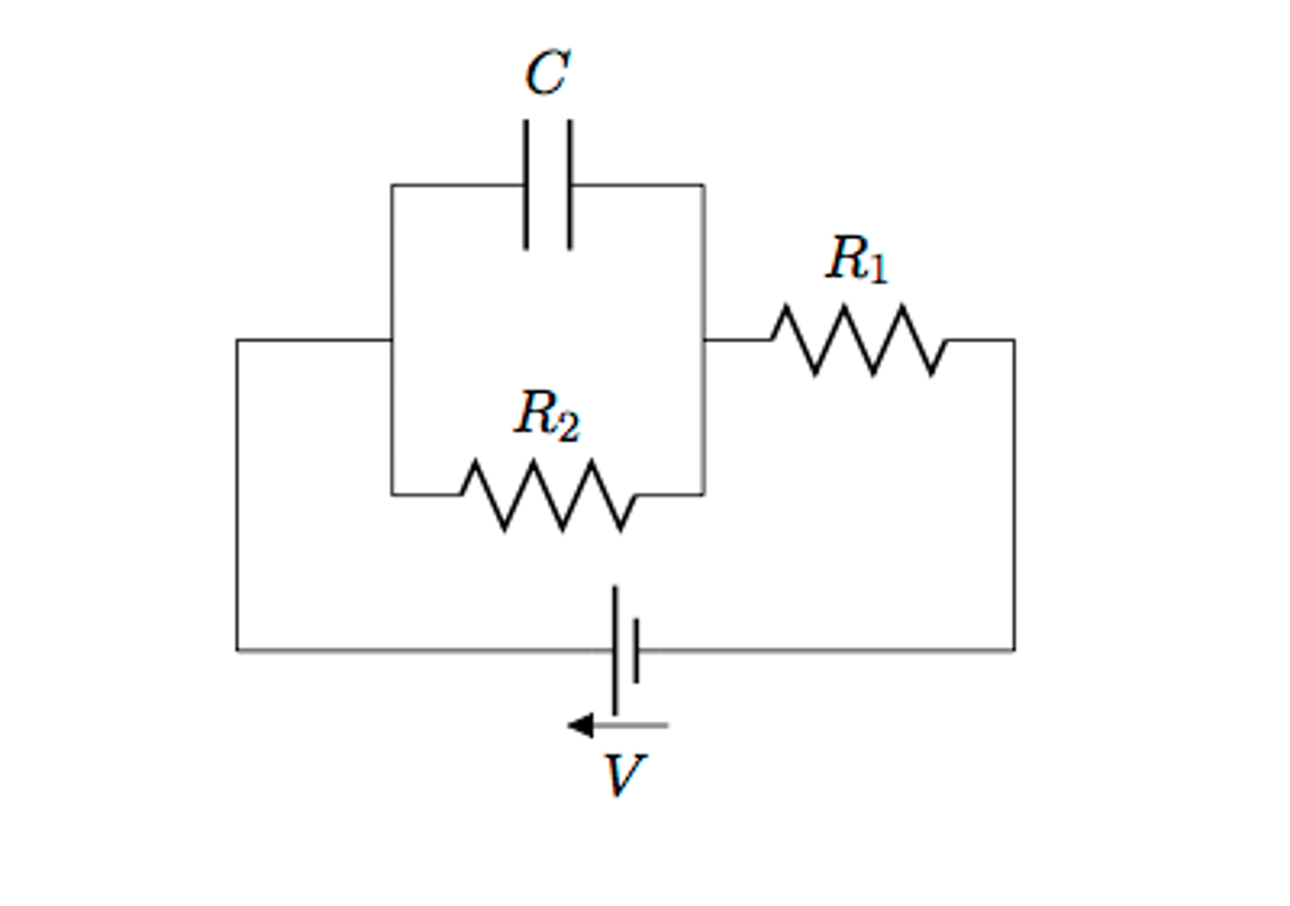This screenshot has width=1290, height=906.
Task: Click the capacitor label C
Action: [x=547, y=73]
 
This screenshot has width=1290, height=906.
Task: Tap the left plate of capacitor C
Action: [x=526, y=185]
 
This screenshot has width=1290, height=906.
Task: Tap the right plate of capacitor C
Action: [x=570, y=185]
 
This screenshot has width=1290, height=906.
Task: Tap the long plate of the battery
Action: [x=615, y=650]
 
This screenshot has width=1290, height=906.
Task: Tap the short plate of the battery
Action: [x=636, y=650]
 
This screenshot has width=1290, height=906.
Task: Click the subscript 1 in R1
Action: [x=878, y=269]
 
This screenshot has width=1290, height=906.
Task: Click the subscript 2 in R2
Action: [x=567, y=427]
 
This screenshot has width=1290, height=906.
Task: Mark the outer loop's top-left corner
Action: [x=237, y=340]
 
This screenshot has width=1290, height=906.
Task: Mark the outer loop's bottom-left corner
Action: [x=237, y=650]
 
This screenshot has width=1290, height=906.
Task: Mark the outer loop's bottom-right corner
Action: [x=1014, y=650]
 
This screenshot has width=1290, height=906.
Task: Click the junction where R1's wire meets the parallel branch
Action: [x=704, y=340]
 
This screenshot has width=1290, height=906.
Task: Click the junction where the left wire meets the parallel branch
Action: [x=392, y=340]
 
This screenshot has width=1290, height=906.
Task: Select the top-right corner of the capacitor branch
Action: [x=704, y=185]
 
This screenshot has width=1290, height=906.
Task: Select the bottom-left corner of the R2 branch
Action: [x=392, y=495]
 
